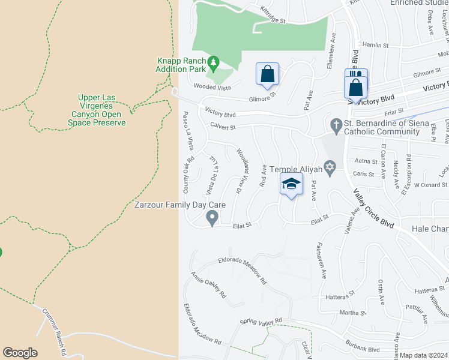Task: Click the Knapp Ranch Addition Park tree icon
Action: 212,62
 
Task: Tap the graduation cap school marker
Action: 291,184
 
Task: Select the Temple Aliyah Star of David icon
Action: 328,166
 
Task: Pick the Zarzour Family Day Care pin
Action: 211,217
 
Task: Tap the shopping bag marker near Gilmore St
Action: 267,74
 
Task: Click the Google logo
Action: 20,353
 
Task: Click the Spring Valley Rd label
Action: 261,321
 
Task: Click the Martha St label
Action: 352,313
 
